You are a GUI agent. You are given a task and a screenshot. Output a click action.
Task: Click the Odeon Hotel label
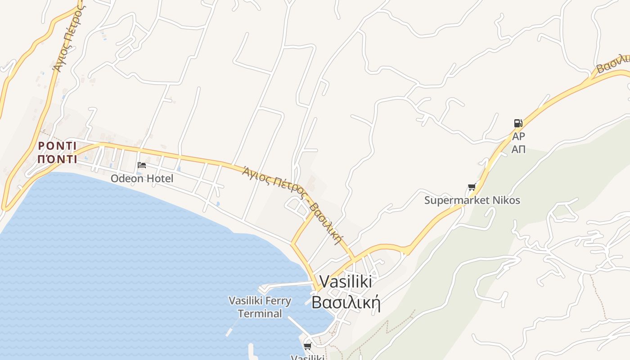pyautogui.click(x=142, y=178)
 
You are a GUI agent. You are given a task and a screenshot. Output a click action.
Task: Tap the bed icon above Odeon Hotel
pyautogui.click(x=142, y=165)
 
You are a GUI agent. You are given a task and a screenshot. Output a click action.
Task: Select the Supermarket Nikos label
pyautogui.click(x=472, y=200)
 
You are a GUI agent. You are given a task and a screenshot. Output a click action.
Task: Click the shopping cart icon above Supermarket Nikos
pyautogui.click(x=472, y=187)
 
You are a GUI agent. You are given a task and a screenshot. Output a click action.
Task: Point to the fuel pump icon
pyautogui.click(x=518, y=123)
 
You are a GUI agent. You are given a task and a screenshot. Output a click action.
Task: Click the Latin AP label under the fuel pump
pyautogui.click(x=518, y=136)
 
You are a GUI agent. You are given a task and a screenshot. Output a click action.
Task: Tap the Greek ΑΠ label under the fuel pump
pyautogui.click(x=518, y=149)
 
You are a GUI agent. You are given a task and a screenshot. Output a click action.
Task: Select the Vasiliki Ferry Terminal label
pyautogui.click(x=260, y=307)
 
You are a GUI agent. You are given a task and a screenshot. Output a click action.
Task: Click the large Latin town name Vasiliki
pyautogui.click(x=346, y=282)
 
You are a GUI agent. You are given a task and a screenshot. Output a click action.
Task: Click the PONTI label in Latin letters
pyautogui.click(x=57, y=146)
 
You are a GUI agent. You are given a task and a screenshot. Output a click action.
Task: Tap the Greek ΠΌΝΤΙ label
pyautogui.click(x=57, y=159)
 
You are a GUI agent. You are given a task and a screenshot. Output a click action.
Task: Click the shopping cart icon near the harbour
pyautogui.click(x=307, y=346)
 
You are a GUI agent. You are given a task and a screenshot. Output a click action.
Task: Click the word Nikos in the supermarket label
pyautogui.click(x=505, y=200)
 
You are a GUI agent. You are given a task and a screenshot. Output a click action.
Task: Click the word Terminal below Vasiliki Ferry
pyautogui.click(x=260, y=314)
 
